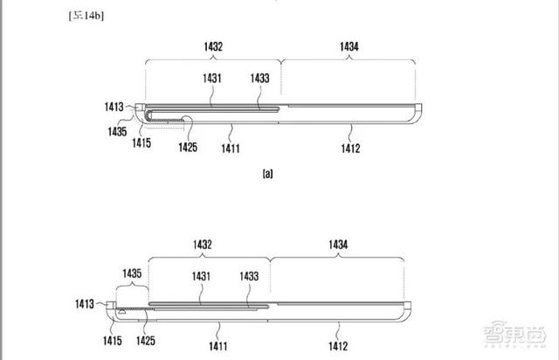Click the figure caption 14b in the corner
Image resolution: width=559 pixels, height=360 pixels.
86,16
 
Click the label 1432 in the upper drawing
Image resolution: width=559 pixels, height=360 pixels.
213,46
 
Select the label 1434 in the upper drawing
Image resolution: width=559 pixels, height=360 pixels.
349,46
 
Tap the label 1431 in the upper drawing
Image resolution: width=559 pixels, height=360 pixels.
212,78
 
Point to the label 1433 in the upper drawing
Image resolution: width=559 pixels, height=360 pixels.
260,78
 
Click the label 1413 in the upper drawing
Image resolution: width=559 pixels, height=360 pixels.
114,107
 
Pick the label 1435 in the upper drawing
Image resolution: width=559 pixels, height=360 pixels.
117,132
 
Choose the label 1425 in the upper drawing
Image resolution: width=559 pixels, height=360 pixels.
188,147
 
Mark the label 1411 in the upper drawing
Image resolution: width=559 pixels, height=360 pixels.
231,149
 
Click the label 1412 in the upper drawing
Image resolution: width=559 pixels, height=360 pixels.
350,149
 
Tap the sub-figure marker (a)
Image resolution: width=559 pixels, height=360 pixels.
268,174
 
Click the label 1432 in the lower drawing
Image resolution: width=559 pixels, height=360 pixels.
203,245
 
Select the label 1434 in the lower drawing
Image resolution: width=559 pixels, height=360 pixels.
338,245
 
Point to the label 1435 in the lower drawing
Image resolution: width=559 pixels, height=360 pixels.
132,273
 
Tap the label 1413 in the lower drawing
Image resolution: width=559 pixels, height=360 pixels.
85,304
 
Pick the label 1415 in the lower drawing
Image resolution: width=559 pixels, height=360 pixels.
113,341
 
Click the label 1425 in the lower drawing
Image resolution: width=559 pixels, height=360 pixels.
146,341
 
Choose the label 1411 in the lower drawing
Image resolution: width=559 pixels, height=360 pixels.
218,346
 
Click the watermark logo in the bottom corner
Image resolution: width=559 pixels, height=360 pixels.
514,333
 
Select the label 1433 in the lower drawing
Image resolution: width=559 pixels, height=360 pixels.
249,276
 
